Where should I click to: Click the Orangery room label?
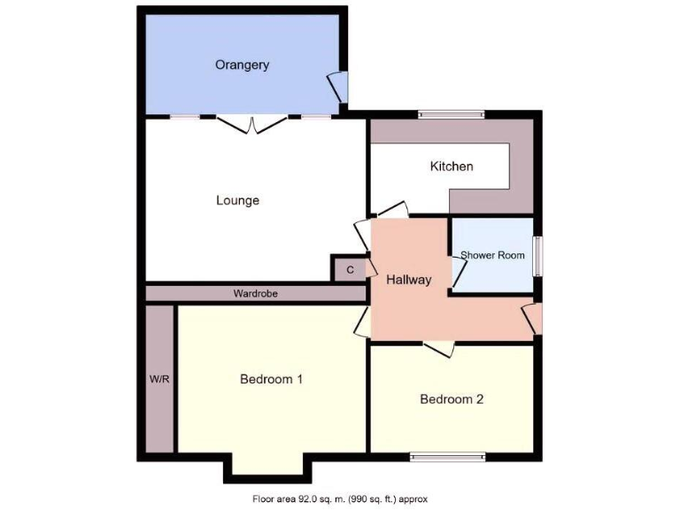pyautogui.click(x=242, y=65)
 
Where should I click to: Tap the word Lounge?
pyautogui.click(x=237, y=200)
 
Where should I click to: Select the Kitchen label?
pyautogui.click(x=452, y=166)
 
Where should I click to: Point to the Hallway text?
pyautogui.click(x=409, y=280)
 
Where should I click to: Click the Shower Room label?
pyautogui.click(x=492, y=255)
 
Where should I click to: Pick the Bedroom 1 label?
pyautogui.click(x=272, y=379)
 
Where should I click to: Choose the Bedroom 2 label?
pyautogui.click(x=452, y=399)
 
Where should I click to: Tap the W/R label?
pyautogui.click(x=159, y=379)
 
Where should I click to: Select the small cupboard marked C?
pyautogui.click(x=350, y=269)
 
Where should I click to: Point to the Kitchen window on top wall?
pyautogui.click(x=452, y=113)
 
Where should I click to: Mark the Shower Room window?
pyautogui.click(x=537, y=256)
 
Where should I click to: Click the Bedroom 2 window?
pyautogui.click(x=447, y=457)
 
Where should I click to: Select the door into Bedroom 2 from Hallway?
pyautogui.click(x=438, y=349)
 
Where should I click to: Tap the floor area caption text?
pyautogui.click(x=339, y=499)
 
